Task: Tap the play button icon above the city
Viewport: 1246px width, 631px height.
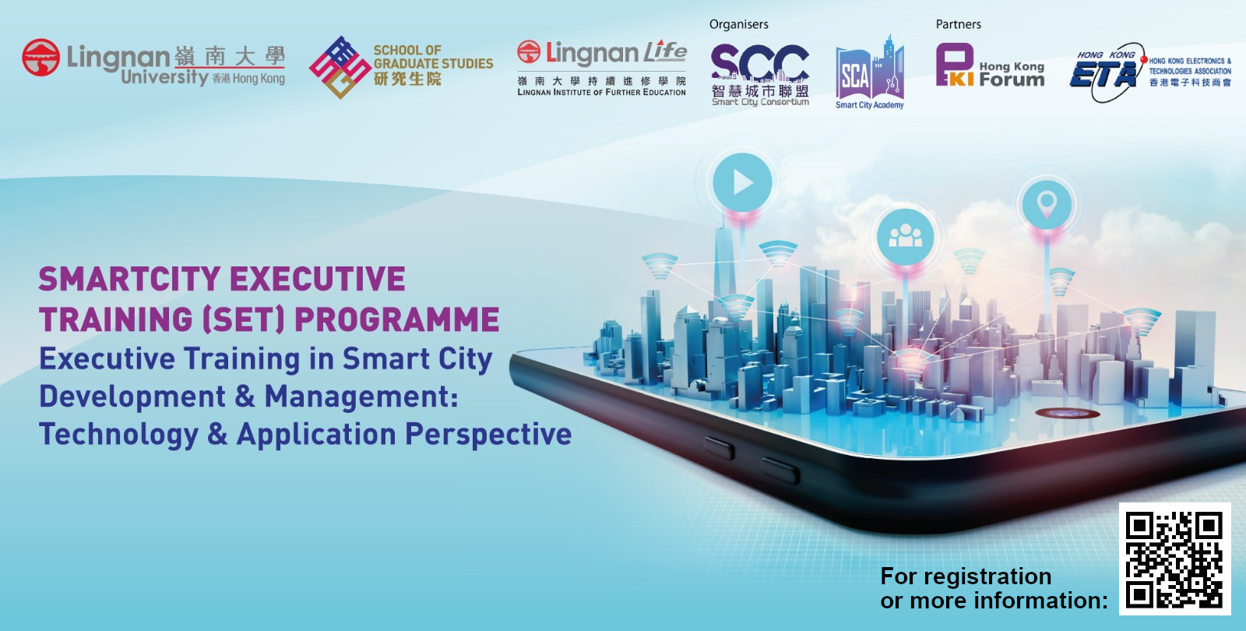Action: (743, 182)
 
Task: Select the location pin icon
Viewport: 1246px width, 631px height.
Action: (1047, 204)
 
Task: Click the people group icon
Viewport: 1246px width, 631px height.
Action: (905, 237)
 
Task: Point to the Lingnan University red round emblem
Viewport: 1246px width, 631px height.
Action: (40, 58)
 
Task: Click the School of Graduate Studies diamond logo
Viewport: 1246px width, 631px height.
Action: (340, 67)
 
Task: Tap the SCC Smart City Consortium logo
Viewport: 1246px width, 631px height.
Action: (760, 75)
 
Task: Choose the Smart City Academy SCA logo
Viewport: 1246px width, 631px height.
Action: (869, 72)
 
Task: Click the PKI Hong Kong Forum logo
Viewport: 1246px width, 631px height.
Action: (990, 65)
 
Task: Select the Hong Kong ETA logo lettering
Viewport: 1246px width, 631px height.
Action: (1103, 74)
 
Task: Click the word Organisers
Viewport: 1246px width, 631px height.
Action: (739, 24)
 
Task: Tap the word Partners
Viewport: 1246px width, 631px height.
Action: (959, 24)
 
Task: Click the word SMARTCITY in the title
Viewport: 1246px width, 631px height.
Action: (129, 279)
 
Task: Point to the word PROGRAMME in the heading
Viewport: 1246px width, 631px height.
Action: (396, 319)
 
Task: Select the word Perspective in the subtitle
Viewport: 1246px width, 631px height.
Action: (488, 435)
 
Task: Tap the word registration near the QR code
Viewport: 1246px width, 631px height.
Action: (987, 577)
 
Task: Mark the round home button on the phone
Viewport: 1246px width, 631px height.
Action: (1067, 413)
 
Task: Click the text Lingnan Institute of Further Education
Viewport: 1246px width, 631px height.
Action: (601, 93)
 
